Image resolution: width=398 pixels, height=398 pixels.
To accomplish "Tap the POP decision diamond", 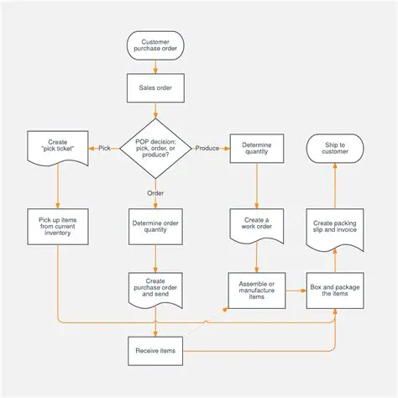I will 155,148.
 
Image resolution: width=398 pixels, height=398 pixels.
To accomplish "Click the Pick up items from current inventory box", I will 57,226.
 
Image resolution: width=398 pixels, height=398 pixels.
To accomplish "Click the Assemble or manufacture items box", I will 256,290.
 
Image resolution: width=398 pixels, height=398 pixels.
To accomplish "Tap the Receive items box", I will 155,350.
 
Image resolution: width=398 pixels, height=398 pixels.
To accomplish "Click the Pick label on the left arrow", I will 104,148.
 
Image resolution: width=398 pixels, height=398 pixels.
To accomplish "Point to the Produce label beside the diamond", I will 207,148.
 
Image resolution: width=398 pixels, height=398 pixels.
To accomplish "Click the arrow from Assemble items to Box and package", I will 296,290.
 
